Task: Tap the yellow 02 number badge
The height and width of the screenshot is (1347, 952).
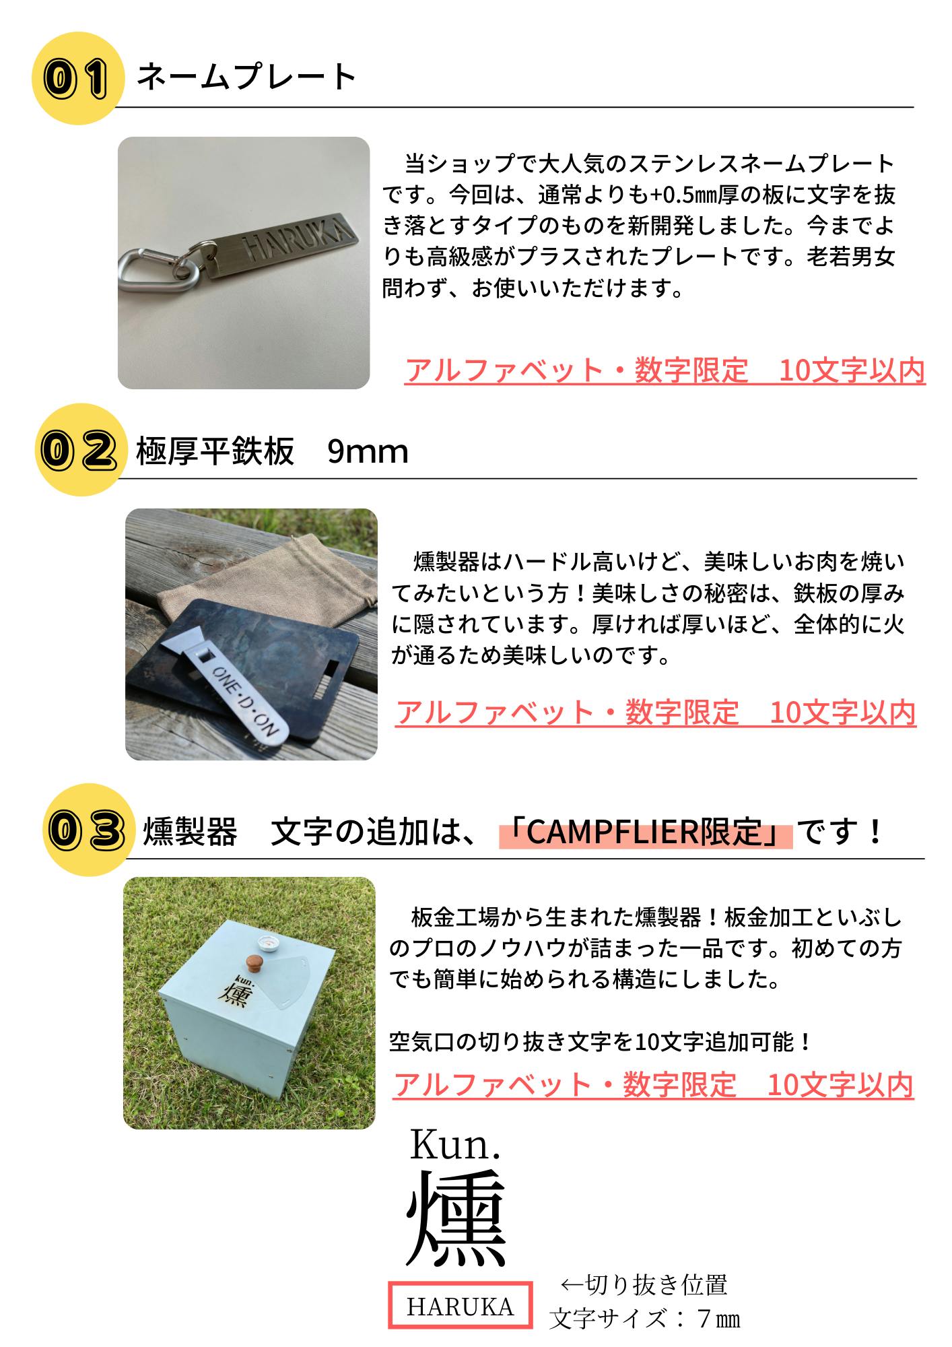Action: pos(81,449)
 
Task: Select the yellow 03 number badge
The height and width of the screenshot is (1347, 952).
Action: pos(86,830)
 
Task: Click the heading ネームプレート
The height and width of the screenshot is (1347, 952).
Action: pos(246,76)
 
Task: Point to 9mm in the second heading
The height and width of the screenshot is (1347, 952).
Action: pos(368,451)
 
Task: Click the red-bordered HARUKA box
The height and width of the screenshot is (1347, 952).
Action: pos(460,1305)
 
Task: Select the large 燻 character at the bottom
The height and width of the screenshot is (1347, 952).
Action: pos(456,1219)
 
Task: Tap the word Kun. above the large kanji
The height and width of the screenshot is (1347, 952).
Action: pos(455,1144)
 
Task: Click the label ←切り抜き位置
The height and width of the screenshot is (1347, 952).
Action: pos(644,1284)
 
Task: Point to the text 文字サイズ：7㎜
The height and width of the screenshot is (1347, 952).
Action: pos(644,1318)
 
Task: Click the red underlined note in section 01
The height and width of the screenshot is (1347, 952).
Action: pos(665,370)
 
